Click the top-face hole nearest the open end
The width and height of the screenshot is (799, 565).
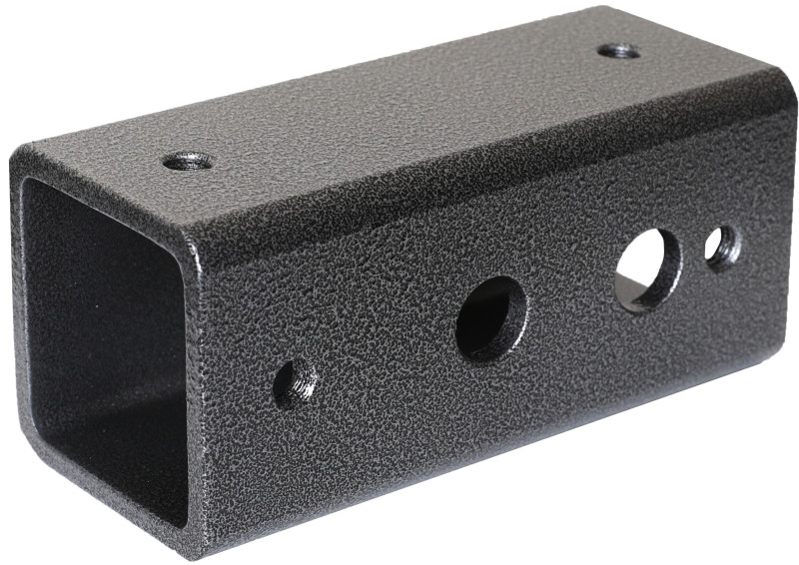(187, 160)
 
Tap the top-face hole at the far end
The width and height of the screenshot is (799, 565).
(619, 50)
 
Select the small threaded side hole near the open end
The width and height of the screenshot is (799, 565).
(296, 383)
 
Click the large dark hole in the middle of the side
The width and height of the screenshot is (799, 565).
(491, 318)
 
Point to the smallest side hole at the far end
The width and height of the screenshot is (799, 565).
(722, 248)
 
